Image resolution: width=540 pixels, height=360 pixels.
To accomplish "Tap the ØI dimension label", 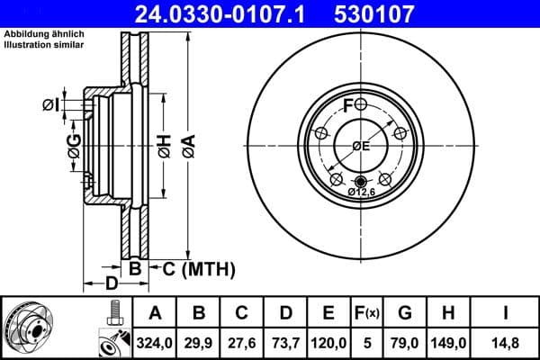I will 51,106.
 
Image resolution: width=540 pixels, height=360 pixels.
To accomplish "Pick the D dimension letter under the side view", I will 111,284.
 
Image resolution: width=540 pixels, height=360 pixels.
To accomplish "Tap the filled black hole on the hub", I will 361,180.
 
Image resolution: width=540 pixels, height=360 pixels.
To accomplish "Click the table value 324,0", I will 154,342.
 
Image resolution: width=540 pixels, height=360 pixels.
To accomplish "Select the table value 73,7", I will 285,342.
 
